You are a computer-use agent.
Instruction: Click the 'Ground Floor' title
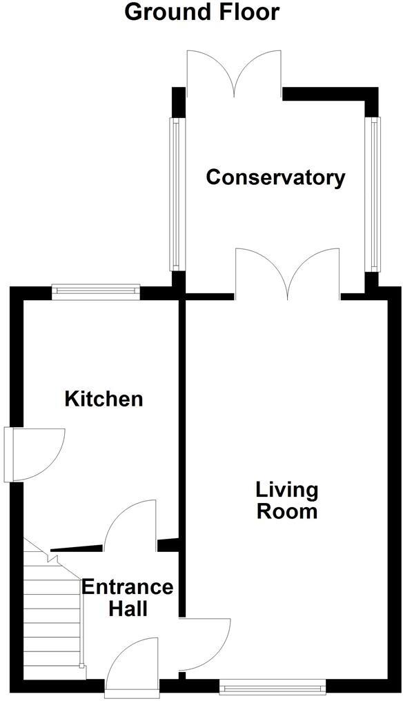(x=201, y=12)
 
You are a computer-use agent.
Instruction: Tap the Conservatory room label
(x=275, y=177)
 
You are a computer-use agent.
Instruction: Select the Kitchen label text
(x=104, y=398)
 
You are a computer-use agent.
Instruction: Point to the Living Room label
(x=286, y=501)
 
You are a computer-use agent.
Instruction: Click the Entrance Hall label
(x=127, y=598)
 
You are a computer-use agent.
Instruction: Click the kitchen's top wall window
(x=97, y=292)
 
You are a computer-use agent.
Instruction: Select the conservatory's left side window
(x=175, y=194)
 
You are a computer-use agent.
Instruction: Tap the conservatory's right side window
(x=374, y=194)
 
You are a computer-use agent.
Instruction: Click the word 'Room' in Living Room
(x=287, y=511)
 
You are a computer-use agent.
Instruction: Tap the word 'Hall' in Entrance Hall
(x=127, y=609)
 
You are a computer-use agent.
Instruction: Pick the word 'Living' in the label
(x=287, y=491)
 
